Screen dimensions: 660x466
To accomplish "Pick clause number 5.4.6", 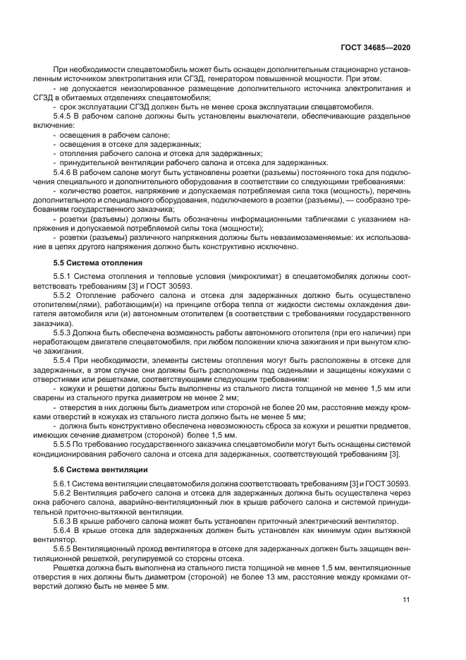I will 64,172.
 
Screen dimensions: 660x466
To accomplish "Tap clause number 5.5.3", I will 64,332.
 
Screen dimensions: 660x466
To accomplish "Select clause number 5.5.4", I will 64,359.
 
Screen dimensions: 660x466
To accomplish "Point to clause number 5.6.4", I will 64,529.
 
